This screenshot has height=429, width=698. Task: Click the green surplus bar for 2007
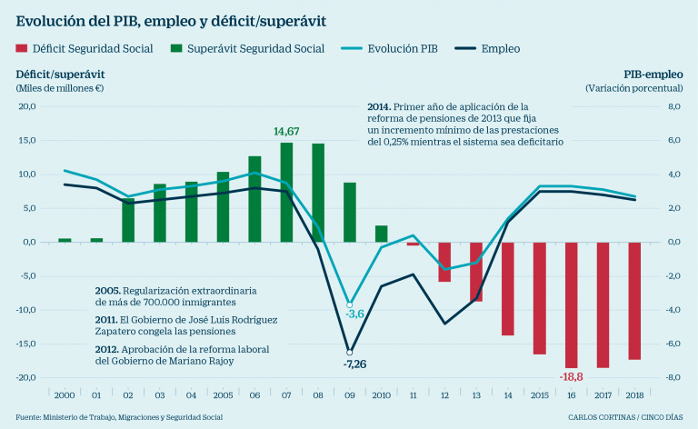click(286, 193)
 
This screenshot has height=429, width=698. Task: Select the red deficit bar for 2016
click(572, 304)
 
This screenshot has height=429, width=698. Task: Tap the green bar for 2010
click(382, 234)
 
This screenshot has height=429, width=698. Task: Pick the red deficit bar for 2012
click(444, 262)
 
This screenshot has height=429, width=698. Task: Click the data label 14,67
click(286, 132)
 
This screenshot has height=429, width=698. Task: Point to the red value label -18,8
click(570, 376)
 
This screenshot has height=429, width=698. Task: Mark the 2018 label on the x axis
click(634, 395)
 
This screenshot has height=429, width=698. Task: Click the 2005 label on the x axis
click(223, 395)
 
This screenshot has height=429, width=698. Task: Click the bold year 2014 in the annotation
click(380, 107)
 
